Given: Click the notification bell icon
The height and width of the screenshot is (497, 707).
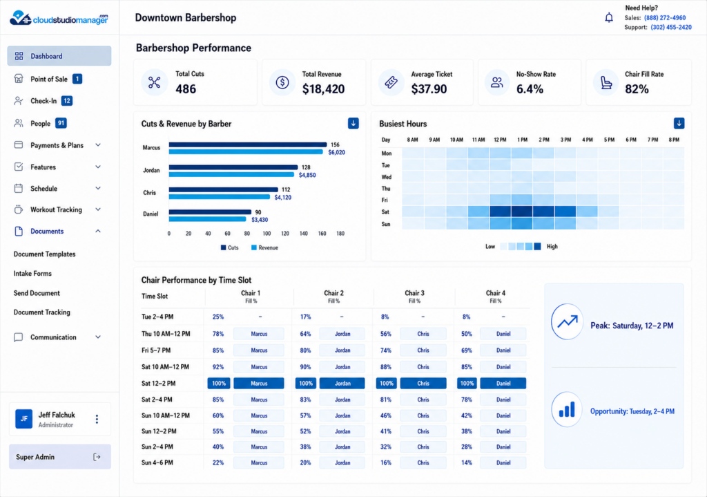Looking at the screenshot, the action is [x=609, y=17].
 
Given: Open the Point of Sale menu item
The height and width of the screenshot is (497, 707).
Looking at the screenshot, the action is [x=49, y=79].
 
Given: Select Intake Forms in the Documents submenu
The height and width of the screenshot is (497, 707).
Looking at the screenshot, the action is [x=32, y=274].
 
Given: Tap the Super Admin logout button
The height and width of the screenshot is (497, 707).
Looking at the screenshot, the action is [x=97, y=457].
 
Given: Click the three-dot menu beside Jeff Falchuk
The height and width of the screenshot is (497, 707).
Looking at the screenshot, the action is [x=97, y=420].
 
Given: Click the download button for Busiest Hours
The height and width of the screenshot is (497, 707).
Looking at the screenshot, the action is [x=679, y=123].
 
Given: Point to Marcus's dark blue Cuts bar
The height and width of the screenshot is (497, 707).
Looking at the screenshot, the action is [x=248, y=144].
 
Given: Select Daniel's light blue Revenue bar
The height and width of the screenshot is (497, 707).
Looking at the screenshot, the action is [x=207, y=219].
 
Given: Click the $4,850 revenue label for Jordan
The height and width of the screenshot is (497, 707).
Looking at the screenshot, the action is [x=307, y=175].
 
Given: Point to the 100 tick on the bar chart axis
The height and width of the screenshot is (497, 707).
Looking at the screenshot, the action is [x=267, y=234].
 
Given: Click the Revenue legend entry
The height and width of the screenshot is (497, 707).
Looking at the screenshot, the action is [x=264, y=247].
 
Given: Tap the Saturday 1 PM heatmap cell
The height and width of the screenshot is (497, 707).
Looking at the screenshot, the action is [x=522, y=212].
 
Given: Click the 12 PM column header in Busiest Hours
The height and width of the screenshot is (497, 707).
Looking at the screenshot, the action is [x=500, y=140].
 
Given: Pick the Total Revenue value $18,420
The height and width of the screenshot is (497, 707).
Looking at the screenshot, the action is [x=323, y=89].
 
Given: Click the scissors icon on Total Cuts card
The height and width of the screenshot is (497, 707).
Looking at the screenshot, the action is [x=154, y=82].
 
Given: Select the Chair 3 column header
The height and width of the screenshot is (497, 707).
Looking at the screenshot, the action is [x=414, y=296].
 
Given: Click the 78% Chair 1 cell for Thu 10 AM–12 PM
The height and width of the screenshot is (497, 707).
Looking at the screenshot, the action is [x=218, y=334].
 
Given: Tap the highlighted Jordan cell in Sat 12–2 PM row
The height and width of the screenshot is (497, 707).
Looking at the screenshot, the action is [x=342, y=383].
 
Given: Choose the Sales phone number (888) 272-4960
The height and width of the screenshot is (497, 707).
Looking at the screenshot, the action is [x=665, y=18].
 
